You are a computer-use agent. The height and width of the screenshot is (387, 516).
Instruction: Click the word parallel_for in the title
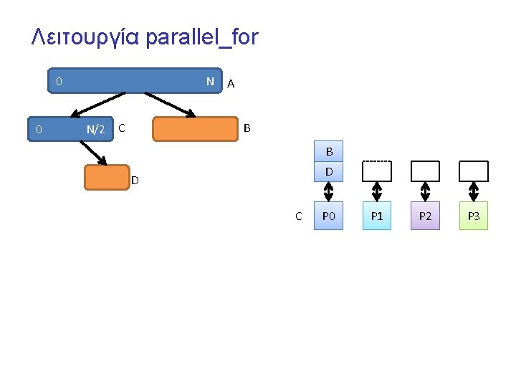pyautogui.click(x=201, y=37)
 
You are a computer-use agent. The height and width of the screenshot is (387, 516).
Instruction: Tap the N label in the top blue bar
pyautogui.click(x=210, y=82)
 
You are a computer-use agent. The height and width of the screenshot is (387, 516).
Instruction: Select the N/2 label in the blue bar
pyautogui.click(x=95, y=130)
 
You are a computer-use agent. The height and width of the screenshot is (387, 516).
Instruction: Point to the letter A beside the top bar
pyautogui.click(x=230, y=84)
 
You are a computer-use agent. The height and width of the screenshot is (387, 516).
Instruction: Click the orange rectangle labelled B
pyautogui.click(x=194, y=129)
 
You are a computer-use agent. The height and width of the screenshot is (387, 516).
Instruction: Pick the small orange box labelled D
pyautogui.click(x=107, y=178)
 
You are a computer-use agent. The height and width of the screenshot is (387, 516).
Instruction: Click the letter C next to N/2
pyautogui.click(x=122, y=128)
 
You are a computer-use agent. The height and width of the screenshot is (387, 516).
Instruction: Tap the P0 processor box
pyautogui.click(x=329, y=216)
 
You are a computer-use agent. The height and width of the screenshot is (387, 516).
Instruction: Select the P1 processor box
pyautogui.click(x=377, y=216)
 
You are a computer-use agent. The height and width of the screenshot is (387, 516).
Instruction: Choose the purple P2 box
pyautogui.click(x=425, y=216)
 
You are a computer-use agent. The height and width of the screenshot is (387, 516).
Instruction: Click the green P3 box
pyautogui.click(x=473, y=216)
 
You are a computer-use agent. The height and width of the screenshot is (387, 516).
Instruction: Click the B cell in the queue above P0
pyautogui.click(x=329, y=152)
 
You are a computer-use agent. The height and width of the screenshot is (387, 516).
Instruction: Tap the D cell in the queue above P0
pyautogui.click(x=329, y=171)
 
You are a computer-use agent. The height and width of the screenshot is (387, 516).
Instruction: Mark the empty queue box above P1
pyautogui.click(x=377, y=171)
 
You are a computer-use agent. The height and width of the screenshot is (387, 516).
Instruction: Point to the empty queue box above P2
pyautogui.click(x=425, y=171)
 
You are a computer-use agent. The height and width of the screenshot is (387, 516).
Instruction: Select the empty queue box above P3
pyautogui.click(x=473, y=171)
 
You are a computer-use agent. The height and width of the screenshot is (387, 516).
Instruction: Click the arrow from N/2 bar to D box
pyautogui.click(x=93, y=152)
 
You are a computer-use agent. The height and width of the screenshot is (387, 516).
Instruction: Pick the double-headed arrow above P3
pyautogui.click(x=473, y=191)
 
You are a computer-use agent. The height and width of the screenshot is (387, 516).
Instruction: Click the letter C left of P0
pyautogui.click(x=299, y=216)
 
